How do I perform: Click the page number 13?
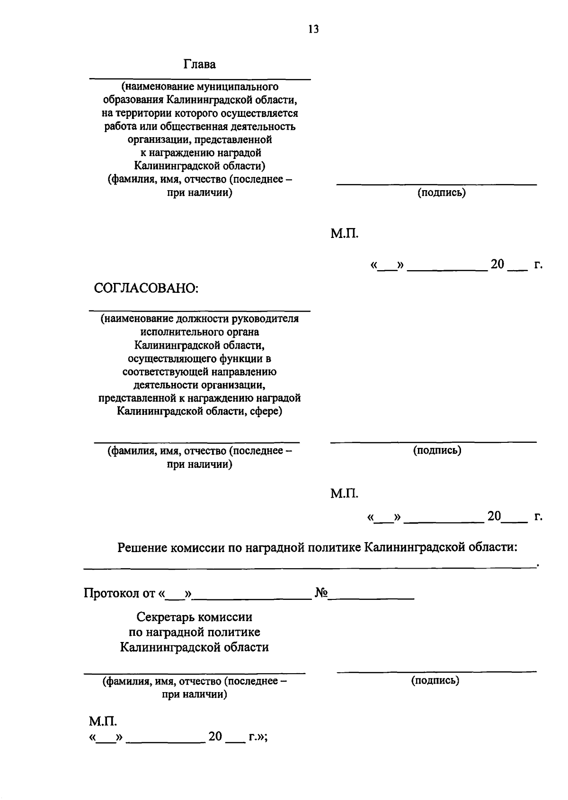click(313, 29)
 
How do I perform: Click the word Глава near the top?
click(200, 64)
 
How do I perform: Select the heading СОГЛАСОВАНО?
click(146, 288)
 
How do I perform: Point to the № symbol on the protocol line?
click(321, 593)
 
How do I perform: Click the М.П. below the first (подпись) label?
click(344, 234)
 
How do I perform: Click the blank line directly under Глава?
click(200, 78)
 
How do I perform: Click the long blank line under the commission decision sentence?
click(310, 566)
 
